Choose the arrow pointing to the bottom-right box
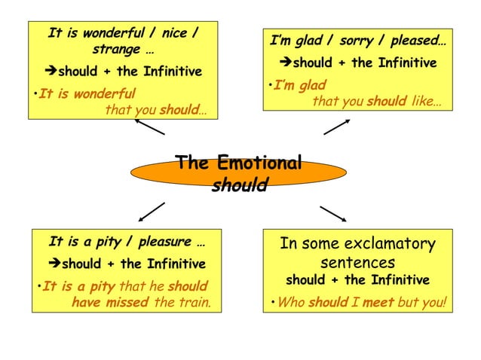332,213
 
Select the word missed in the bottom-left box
127,303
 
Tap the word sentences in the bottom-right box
357,263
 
